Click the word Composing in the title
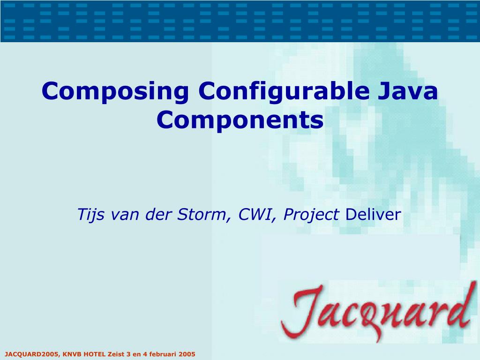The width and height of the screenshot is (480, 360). click(x=114, y=91)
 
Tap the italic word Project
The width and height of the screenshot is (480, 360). click(x=312, y=215)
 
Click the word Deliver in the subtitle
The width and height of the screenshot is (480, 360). click(x=373, y=215)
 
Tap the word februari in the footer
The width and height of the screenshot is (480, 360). click(x=160, y=354)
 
